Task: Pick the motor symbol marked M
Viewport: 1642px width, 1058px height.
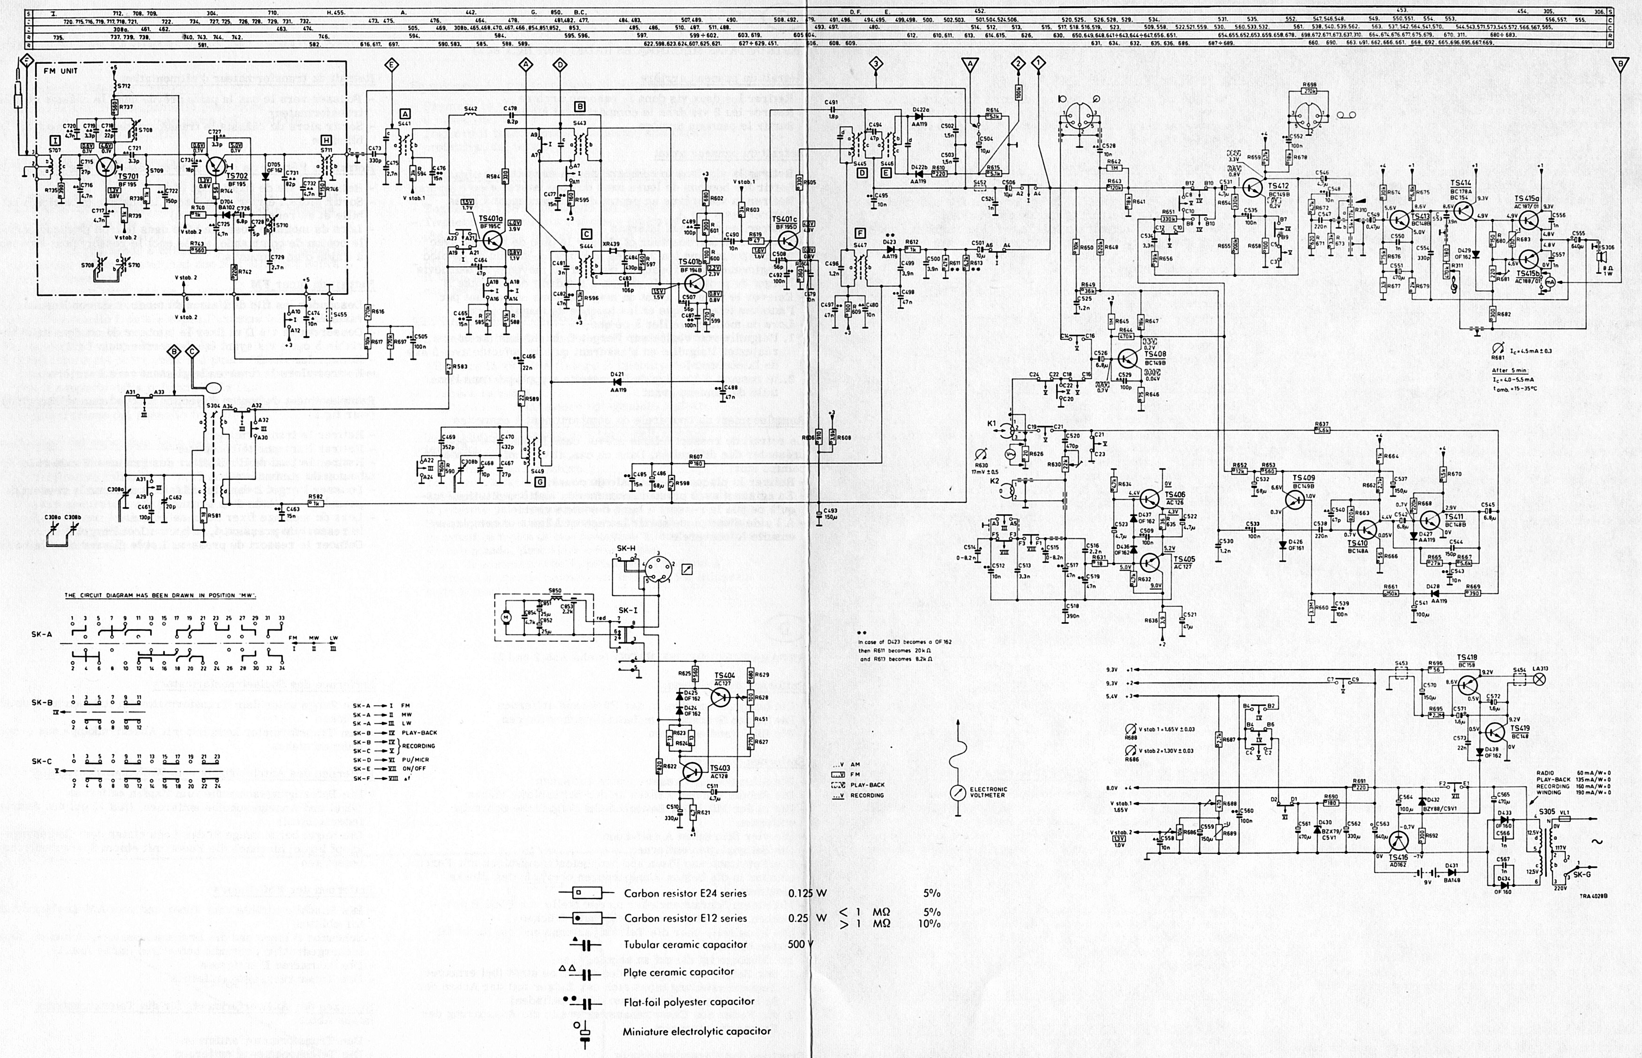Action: (507, 618)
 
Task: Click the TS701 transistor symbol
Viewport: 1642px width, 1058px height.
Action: (107, 167)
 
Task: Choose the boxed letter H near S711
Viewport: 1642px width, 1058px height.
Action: (325, 139)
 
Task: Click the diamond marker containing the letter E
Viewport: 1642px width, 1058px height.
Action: (391, 65)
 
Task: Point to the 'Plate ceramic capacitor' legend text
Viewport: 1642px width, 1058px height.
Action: (678, 971)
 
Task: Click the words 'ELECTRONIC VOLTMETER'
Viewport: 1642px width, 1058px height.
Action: (988, 792)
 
